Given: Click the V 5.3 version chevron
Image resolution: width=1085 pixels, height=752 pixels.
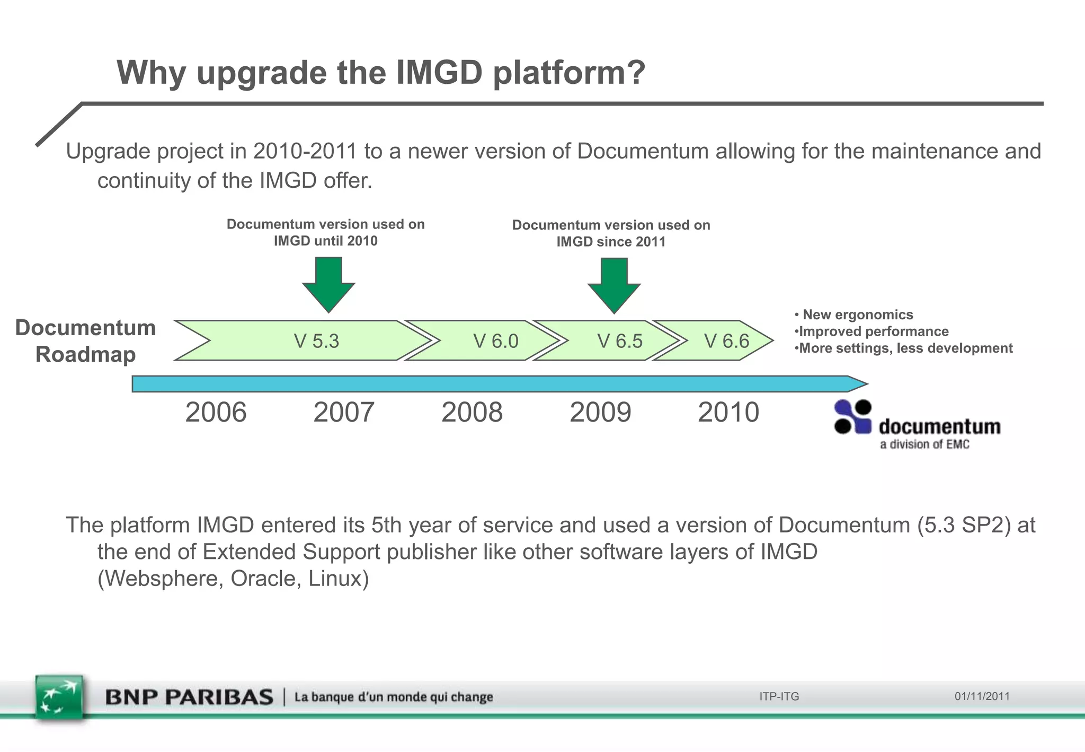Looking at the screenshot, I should point(316,341).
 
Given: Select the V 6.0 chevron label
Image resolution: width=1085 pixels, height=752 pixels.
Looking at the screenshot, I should point(495,341).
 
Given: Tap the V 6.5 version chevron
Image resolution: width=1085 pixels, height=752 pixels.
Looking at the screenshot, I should point(619,341).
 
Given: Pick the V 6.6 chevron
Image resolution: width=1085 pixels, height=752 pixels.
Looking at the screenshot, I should point(726,341).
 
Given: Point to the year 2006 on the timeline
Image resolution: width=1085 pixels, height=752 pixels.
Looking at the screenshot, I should point(216,412).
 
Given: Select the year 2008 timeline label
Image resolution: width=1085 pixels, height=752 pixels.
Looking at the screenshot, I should point(472,412).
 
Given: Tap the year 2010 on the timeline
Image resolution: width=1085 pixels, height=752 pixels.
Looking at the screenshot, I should point(728,412).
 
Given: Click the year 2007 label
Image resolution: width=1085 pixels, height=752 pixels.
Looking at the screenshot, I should point(344,412).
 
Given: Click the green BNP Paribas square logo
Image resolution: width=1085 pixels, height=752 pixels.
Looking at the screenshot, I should point(59,697).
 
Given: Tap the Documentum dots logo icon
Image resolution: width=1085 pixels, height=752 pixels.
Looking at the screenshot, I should point(852,417).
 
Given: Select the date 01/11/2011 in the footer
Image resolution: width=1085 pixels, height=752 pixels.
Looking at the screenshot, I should point(982,696).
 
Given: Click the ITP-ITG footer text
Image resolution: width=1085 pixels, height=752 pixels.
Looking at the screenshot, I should point(779,696).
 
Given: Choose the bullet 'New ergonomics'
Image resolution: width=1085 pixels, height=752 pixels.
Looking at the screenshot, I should point(857,314).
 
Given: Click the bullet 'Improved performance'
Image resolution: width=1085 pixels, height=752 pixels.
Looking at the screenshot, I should point(873,331).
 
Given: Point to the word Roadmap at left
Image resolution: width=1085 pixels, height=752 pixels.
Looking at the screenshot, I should point(85,354).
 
